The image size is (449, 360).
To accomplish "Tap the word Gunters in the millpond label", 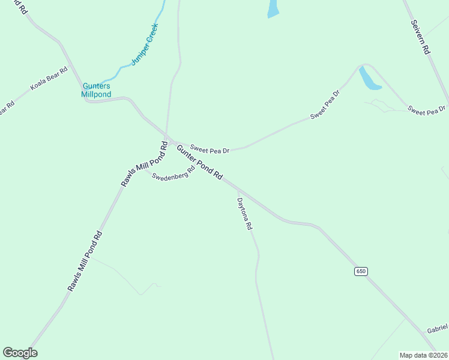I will pos(96,86).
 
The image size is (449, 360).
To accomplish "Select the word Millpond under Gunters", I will pos(96,94).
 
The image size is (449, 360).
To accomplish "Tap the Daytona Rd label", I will pos(245,215).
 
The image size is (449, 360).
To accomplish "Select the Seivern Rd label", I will pos(421,37).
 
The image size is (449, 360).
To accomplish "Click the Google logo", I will pos(20,353).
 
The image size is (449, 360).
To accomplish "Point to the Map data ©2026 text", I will pos(424,355).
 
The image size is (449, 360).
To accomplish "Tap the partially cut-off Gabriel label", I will pos(438,329).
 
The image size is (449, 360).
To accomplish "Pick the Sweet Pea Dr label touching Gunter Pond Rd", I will pos(210,147).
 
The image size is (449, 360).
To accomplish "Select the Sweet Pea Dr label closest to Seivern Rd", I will pos(427,110).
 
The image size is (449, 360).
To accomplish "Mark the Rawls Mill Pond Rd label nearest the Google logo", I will pos(85,262).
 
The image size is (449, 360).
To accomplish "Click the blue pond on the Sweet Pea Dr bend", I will pos(368,79).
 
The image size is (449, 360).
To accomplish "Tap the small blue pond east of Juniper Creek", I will pos(273,8).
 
